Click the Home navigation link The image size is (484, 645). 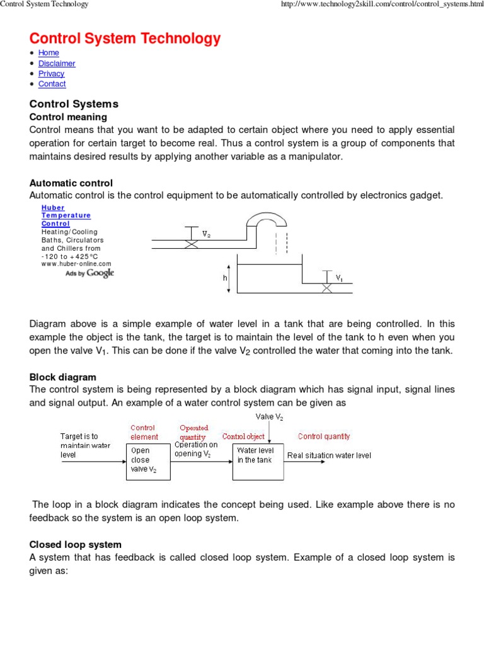coord(49,53)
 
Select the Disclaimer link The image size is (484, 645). coord(57,64)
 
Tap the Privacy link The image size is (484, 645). coord(51,74)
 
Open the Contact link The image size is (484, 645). coord(52,84)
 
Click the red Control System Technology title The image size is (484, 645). coord(125,38)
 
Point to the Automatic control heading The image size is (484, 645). coord(71,183)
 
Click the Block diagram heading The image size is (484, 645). coord(63,377)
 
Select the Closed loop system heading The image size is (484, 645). coord(76,544)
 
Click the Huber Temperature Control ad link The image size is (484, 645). coord(66,215)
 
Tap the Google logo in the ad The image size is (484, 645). coord(100,273)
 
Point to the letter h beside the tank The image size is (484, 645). coord(224,277)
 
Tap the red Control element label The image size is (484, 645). coord(144,432)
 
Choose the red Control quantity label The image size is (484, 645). coord(324,436)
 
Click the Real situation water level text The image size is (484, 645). coord(329,455)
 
